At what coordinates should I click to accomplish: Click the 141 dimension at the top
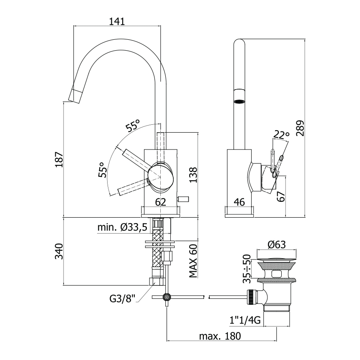(117, 21)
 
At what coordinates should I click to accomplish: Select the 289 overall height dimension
(300, 128)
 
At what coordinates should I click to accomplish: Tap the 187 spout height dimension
(59, 159)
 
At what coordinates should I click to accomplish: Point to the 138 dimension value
(193, 175)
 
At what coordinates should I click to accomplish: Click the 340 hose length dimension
(59, 252)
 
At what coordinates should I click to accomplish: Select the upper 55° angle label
(133, 125)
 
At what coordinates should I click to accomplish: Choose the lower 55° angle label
(103, 170)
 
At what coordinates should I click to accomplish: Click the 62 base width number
(160, 202)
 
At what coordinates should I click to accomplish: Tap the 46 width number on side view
(239, 202)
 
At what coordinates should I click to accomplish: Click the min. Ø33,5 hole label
(122, 227)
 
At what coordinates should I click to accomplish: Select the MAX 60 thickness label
(193, 261)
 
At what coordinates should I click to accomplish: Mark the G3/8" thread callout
(122, 299)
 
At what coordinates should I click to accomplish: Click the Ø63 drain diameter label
(277, 245)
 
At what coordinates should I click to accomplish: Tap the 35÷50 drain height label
(247, 269)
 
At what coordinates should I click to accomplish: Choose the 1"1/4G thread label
(245, 320)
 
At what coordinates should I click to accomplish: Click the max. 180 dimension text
(220, 336)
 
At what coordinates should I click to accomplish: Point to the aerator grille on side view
(239, 101)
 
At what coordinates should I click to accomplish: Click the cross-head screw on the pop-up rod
(167, 297)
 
